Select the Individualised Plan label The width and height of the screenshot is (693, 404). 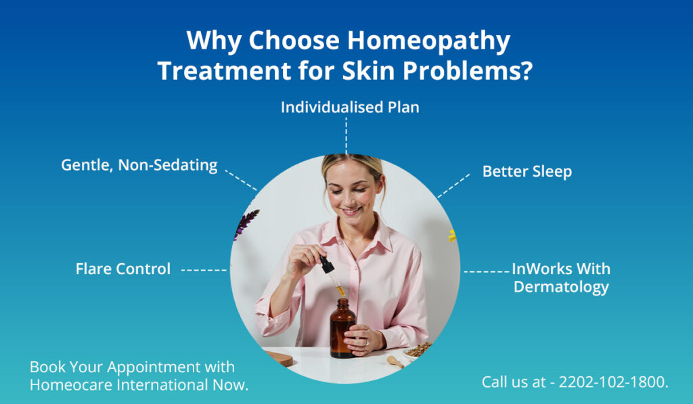(350, 107)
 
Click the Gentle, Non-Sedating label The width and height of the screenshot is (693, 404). (139, 164)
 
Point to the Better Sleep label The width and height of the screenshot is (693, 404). (527, 171)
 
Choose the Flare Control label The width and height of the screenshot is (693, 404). (123, 269)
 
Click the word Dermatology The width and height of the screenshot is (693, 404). (561, 287)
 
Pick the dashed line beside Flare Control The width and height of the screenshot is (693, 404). (204, 269)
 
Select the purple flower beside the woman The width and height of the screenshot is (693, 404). (246, 223)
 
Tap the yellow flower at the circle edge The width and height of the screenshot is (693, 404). (451, 235)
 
